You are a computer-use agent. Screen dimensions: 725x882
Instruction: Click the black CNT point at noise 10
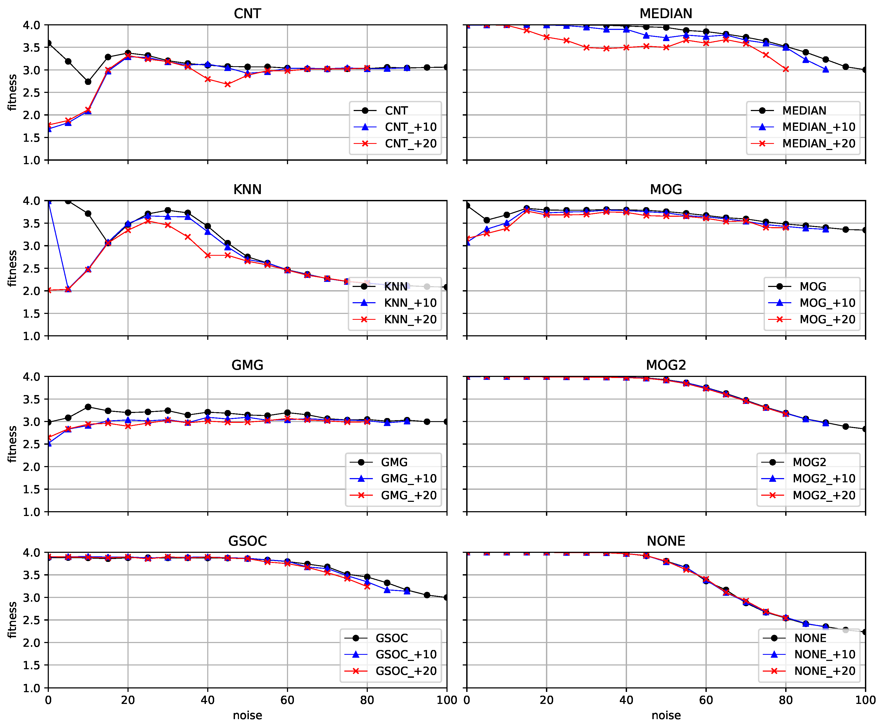click(x=88, y=82)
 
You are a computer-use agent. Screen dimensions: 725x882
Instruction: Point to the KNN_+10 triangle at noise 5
click(x=68, y=289)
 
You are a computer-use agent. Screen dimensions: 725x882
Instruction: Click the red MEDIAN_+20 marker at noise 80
click(x=786, y=69)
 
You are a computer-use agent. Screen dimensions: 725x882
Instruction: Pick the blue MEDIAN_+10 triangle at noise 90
click(x=825, y=70)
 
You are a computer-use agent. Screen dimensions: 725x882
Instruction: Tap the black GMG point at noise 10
click(x=88, y=407)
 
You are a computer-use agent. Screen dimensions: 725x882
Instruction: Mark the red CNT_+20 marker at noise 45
click(x=228, y=84)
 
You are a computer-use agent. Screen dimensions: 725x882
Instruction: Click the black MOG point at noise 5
click(x=486, y=220)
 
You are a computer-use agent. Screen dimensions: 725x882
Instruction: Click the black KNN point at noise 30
click(x=168, y=210)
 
